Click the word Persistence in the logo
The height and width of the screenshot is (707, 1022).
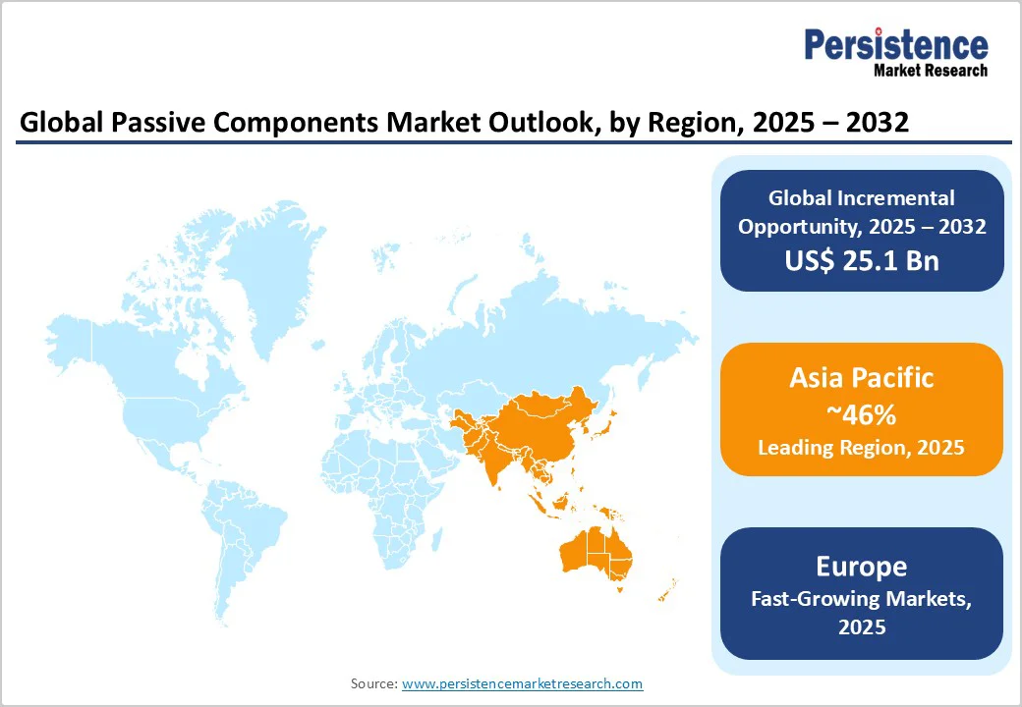coord(895,46)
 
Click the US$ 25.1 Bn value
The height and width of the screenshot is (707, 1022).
coord(861,261)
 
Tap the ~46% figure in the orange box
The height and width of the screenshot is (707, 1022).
coord(861,414)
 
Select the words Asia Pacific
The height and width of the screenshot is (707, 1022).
coord(861,378)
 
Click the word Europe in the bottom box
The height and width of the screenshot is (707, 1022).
coord(861,567)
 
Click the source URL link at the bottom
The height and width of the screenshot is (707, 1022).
coord(522,683)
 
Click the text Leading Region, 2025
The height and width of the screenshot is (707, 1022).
coord(861,448)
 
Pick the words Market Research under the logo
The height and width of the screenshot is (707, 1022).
coord(930,70)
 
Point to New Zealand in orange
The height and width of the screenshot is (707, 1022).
coord(667,590)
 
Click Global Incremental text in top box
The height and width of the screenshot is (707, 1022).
coord(861,198)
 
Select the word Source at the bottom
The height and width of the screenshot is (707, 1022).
coord(372,683)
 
